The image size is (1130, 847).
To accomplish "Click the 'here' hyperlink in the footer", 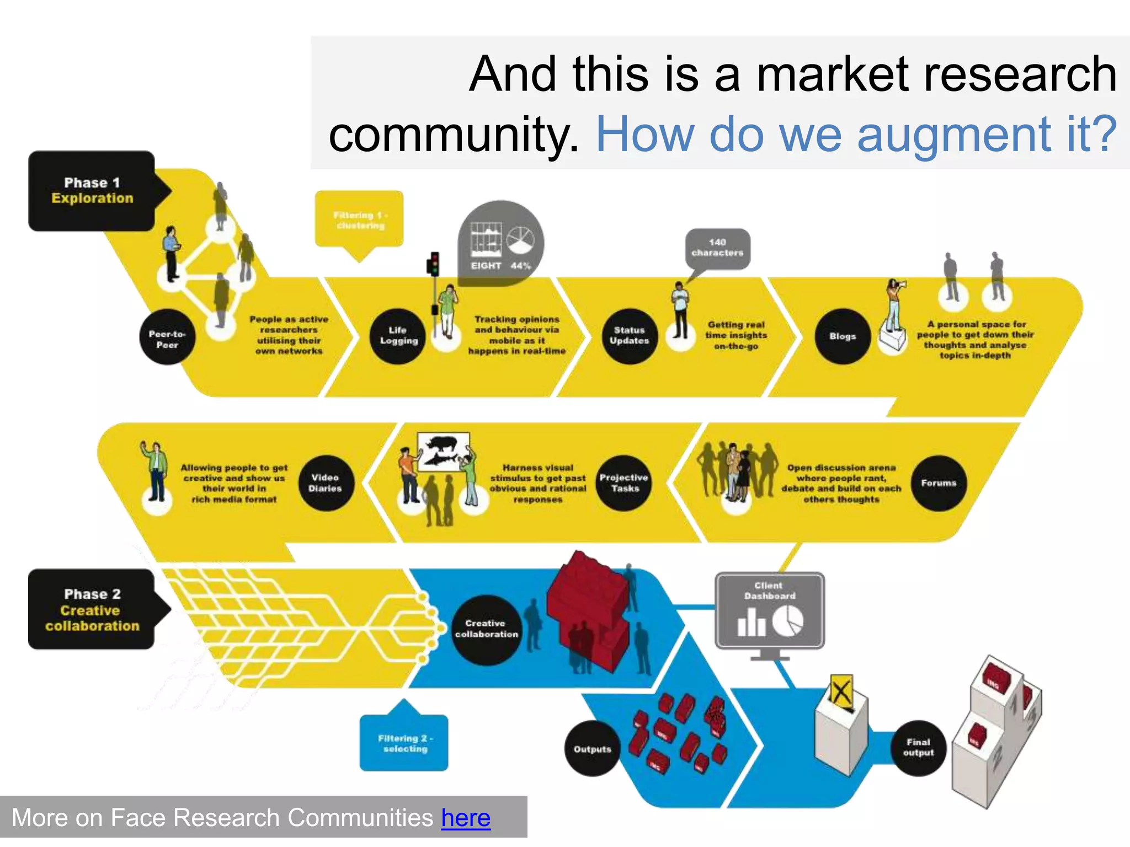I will (466, 818).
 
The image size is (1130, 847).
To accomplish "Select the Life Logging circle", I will (398, 336).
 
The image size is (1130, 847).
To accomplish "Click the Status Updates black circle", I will (629, 336).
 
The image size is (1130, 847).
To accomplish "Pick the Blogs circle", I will (843, 336).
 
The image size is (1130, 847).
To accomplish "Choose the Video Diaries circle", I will (326, 483).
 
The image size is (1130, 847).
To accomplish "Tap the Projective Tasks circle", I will (624, 483).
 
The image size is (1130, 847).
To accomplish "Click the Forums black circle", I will (938, 483).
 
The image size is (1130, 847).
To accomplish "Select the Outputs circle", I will (592, 748).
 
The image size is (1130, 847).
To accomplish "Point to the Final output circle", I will (918, 748).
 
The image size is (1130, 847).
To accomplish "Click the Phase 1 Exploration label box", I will (92, 191).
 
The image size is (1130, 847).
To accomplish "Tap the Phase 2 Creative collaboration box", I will (92, 609).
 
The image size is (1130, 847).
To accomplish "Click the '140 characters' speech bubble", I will (717, 248).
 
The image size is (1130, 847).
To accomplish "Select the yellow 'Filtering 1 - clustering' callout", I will (359, 219).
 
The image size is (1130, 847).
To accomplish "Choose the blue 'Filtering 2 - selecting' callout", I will (404, 742).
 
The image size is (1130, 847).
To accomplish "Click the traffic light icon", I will (434, 264).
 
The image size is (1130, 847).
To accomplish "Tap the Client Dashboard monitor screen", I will (770, 610).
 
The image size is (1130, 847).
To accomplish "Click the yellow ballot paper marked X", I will (841, 691).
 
